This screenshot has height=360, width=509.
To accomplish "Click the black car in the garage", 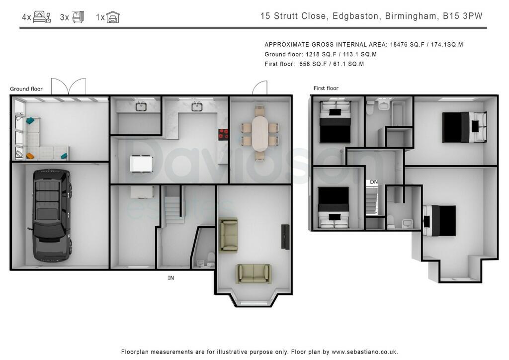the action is coord(51,215).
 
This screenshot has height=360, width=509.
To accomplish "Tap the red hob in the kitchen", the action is coord(223,134).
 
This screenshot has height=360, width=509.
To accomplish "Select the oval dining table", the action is coord(260,133).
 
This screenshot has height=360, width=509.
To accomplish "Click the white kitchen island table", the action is coord(141,164).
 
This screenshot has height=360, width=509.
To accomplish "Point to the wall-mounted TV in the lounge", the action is coord(285,237).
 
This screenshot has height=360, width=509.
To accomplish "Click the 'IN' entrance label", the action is coord(171,278).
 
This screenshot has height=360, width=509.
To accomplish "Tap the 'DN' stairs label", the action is coord(374,182).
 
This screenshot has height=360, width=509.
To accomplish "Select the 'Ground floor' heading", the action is coord(26,89).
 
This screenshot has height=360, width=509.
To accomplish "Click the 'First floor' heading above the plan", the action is coord(326,89).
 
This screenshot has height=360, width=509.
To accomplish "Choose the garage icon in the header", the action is coord(113,17).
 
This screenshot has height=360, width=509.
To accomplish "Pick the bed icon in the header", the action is coord(42,17).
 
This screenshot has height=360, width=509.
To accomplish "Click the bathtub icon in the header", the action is coord(78,17).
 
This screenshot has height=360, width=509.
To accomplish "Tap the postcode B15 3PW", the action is coord(463,16).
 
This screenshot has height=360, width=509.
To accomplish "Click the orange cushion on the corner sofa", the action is coord(30,156).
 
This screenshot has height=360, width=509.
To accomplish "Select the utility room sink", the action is coord(141,106).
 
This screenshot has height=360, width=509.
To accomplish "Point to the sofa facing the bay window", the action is coord(254,273).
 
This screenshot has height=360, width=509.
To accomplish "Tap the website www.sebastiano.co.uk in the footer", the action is coord(364,352).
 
